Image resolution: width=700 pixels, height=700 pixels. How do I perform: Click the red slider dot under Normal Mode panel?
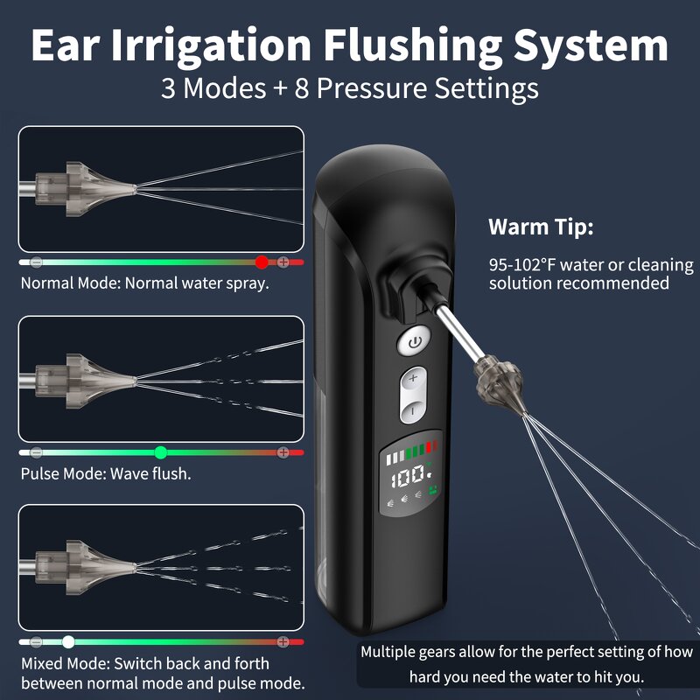[x=261, y=262]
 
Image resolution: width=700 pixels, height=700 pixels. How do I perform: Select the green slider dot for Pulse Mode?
[x=160, y=452]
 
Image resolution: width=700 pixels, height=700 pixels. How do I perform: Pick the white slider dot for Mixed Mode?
[x=68, y=641]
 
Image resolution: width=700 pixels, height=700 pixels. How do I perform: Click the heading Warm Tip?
[x=541, y=227]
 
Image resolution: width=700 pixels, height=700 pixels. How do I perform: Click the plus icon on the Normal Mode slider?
[x=283, y=262]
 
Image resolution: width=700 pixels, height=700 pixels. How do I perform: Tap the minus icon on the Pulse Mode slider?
[x=36, y=452]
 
